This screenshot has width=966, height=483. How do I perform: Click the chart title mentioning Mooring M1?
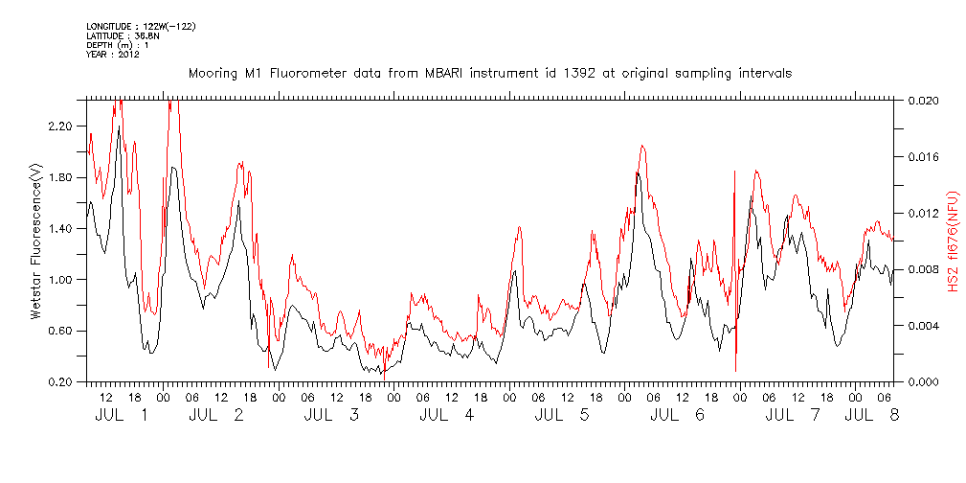[x=489, y=73]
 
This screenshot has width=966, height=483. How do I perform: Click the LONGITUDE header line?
[x=141, y=26]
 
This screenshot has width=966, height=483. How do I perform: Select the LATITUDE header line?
[x=122, y=35]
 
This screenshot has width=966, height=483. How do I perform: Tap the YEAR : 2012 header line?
[x=114, y=54]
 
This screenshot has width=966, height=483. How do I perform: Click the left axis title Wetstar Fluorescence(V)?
[x=36, y=241]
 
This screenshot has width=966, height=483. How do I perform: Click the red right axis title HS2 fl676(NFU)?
[x=954, y=241]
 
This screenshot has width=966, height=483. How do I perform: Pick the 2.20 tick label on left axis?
[x=60, y=126]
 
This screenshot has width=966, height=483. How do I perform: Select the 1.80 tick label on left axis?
[x=60, y=177]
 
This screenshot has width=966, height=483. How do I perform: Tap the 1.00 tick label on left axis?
[x=60, y=280]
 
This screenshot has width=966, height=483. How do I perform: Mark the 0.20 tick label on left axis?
[x=60, y=382]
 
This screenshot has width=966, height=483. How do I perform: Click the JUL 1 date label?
[x=122, y=416]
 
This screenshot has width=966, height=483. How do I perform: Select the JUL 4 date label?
[x=447, y=416]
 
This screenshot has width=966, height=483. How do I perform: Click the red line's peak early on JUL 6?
[x=642, y=146]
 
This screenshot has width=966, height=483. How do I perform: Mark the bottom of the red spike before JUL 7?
[x=735, y=371]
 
